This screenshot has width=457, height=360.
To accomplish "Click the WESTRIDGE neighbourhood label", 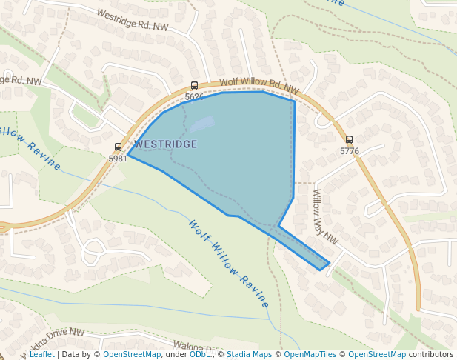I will pos(166,144).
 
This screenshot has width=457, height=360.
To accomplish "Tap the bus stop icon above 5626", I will pos(194,86).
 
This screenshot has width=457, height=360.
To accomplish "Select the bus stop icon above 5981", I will pos(118,147).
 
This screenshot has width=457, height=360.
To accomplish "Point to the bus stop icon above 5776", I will pos(349,139).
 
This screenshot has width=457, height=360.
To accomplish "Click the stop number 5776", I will pos(349,151).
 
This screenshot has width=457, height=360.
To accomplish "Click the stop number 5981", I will pos(118,159).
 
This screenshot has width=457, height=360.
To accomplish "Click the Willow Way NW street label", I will pos(324,217).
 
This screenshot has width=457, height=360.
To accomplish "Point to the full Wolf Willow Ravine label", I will pos(228,264).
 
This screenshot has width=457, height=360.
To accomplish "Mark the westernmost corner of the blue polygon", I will pos(128,156).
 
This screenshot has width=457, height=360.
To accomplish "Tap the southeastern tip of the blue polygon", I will pos(326,265).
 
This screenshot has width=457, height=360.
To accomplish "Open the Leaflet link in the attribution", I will pos(41,354).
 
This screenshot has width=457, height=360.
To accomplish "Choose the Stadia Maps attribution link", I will pos(249,354).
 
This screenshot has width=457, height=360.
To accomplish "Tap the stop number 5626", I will pos(194,97).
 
